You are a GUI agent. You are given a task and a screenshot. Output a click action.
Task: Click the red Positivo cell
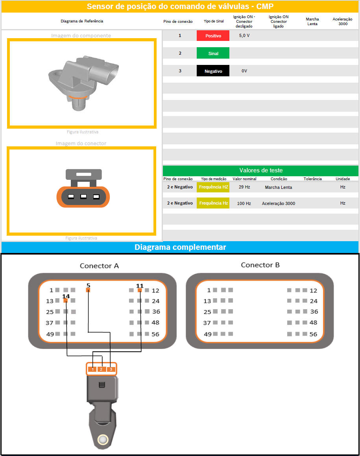pyautogui.click(x=213, y=35)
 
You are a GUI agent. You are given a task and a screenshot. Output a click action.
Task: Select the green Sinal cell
pyautogui.click(x=213, y=53)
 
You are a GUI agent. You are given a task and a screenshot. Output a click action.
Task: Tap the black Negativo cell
pyautogui.click(x=213, y=71)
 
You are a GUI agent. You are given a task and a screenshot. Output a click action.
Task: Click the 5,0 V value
pyautogui.click(x=244, y=35)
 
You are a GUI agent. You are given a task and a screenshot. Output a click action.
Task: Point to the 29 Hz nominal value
pyautogui.click(x=244, y=187)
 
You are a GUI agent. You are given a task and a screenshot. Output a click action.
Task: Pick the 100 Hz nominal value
pyautogui.click(x=244, y=203)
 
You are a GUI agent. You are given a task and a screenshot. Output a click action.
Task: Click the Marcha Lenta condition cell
pyautogui.click(x=278, y=187)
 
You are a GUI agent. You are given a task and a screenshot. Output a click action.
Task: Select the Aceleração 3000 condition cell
pyautogui.click(x=278, y=203)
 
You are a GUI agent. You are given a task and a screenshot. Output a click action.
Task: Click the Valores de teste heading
pyautogui.click(x=261, y=170)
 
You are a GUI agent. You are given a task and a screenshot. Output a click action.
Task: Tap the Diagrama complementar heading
pyautogui.click(x=180, y=247)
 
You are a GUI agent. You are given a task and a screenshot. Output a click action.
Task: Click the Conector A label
pyautogui.click(x=99, y=266)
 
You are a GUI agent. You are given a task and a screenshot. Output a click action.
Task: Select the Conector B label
pyautogui.click(x=260, y=265)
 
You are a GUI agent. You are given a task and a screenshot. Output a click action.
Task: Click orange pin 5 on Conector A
pyautogui.click(x=88, y=290)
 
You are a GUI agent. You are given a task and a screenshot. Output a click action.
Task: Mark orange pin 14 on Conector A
pyautogui.click(x=65, y=301)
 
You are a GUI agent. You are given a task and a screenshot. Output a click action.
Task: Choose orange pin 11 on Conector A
pyautogui.click(x=140, y=290)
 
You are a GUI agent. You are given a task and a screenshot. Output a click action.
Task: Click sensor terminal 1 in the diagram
pyautogui.click(x=92, y=369)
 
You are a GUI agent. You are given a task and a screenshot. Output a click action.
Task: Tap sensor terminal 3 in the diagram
pyautogui.click(x=111, y=369)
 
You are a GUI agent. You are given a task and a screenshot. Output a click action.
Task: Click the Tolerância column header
pyautogui.click(x=313, y=179)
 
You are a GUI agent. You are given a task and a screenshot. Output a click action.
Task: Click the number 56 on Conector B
pyautogui.click(x=313, y=334)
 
